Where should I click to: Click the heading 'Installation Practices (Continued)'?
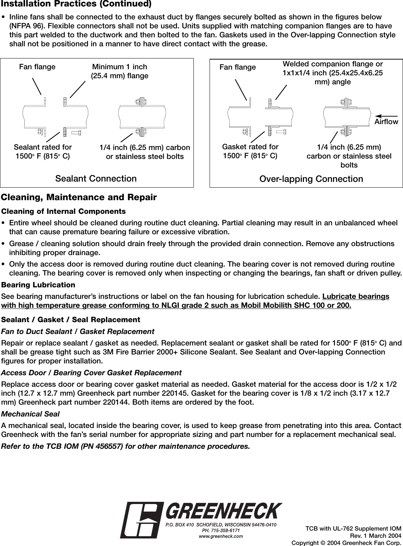click(76, 4)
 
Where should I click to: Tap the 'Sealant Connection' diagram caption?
click(96, 178)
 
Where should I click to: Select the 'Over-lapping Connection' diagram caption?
click(311, 179)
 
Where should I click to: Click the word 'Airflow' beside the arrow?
click(386, 122)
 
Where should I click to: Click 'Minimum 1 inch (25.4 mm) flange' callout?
click(120, 71)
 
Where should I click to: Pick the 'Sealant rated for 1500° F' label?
click(43, 151)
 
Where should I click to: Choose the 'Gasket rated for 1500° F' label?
click(250, 151)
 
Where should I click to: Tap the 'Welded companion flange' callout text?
click(333, 73)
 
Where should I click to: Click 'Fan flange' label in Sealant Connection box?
click(37, 67)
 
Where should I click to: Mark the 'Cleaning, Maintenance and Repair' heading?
click(79, 198)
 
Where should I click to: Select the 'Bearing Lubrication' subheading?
click(38, 285)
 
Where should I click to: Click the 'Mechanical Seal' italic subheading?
click(31, 414)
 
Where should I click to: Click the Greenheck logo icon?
click(140, 520)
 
